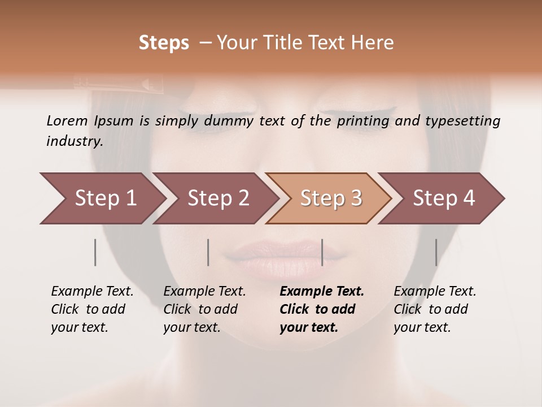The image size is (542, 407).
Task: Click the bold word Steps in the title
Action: (164, 43)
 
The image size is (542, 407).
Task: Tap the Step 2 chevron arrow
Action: (217, 198)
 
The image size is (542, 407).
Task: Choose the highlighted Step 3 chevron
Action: (330, 198)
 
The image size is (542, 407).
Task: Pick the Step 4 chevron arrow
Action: (443, 198)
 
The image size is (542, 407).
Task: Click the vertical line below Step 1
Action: (95, 252)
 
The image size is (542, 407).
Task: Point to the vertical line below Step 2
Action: (208, 252)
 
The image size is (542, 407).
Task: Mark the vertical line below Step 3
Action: (322, 252)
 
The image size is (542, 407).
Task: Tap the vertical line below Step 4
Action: (436, 252)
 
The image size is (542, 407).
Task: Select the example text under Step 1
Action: (92, 309)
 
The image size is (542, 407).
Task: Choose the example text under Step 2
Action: (204, 309)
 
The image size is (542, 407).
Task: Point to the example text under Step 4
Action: (435, 309)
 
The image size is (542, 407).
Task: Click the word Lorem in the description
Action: (67, 120)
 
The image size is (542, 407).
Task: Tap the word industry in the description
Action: (74, 141)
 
